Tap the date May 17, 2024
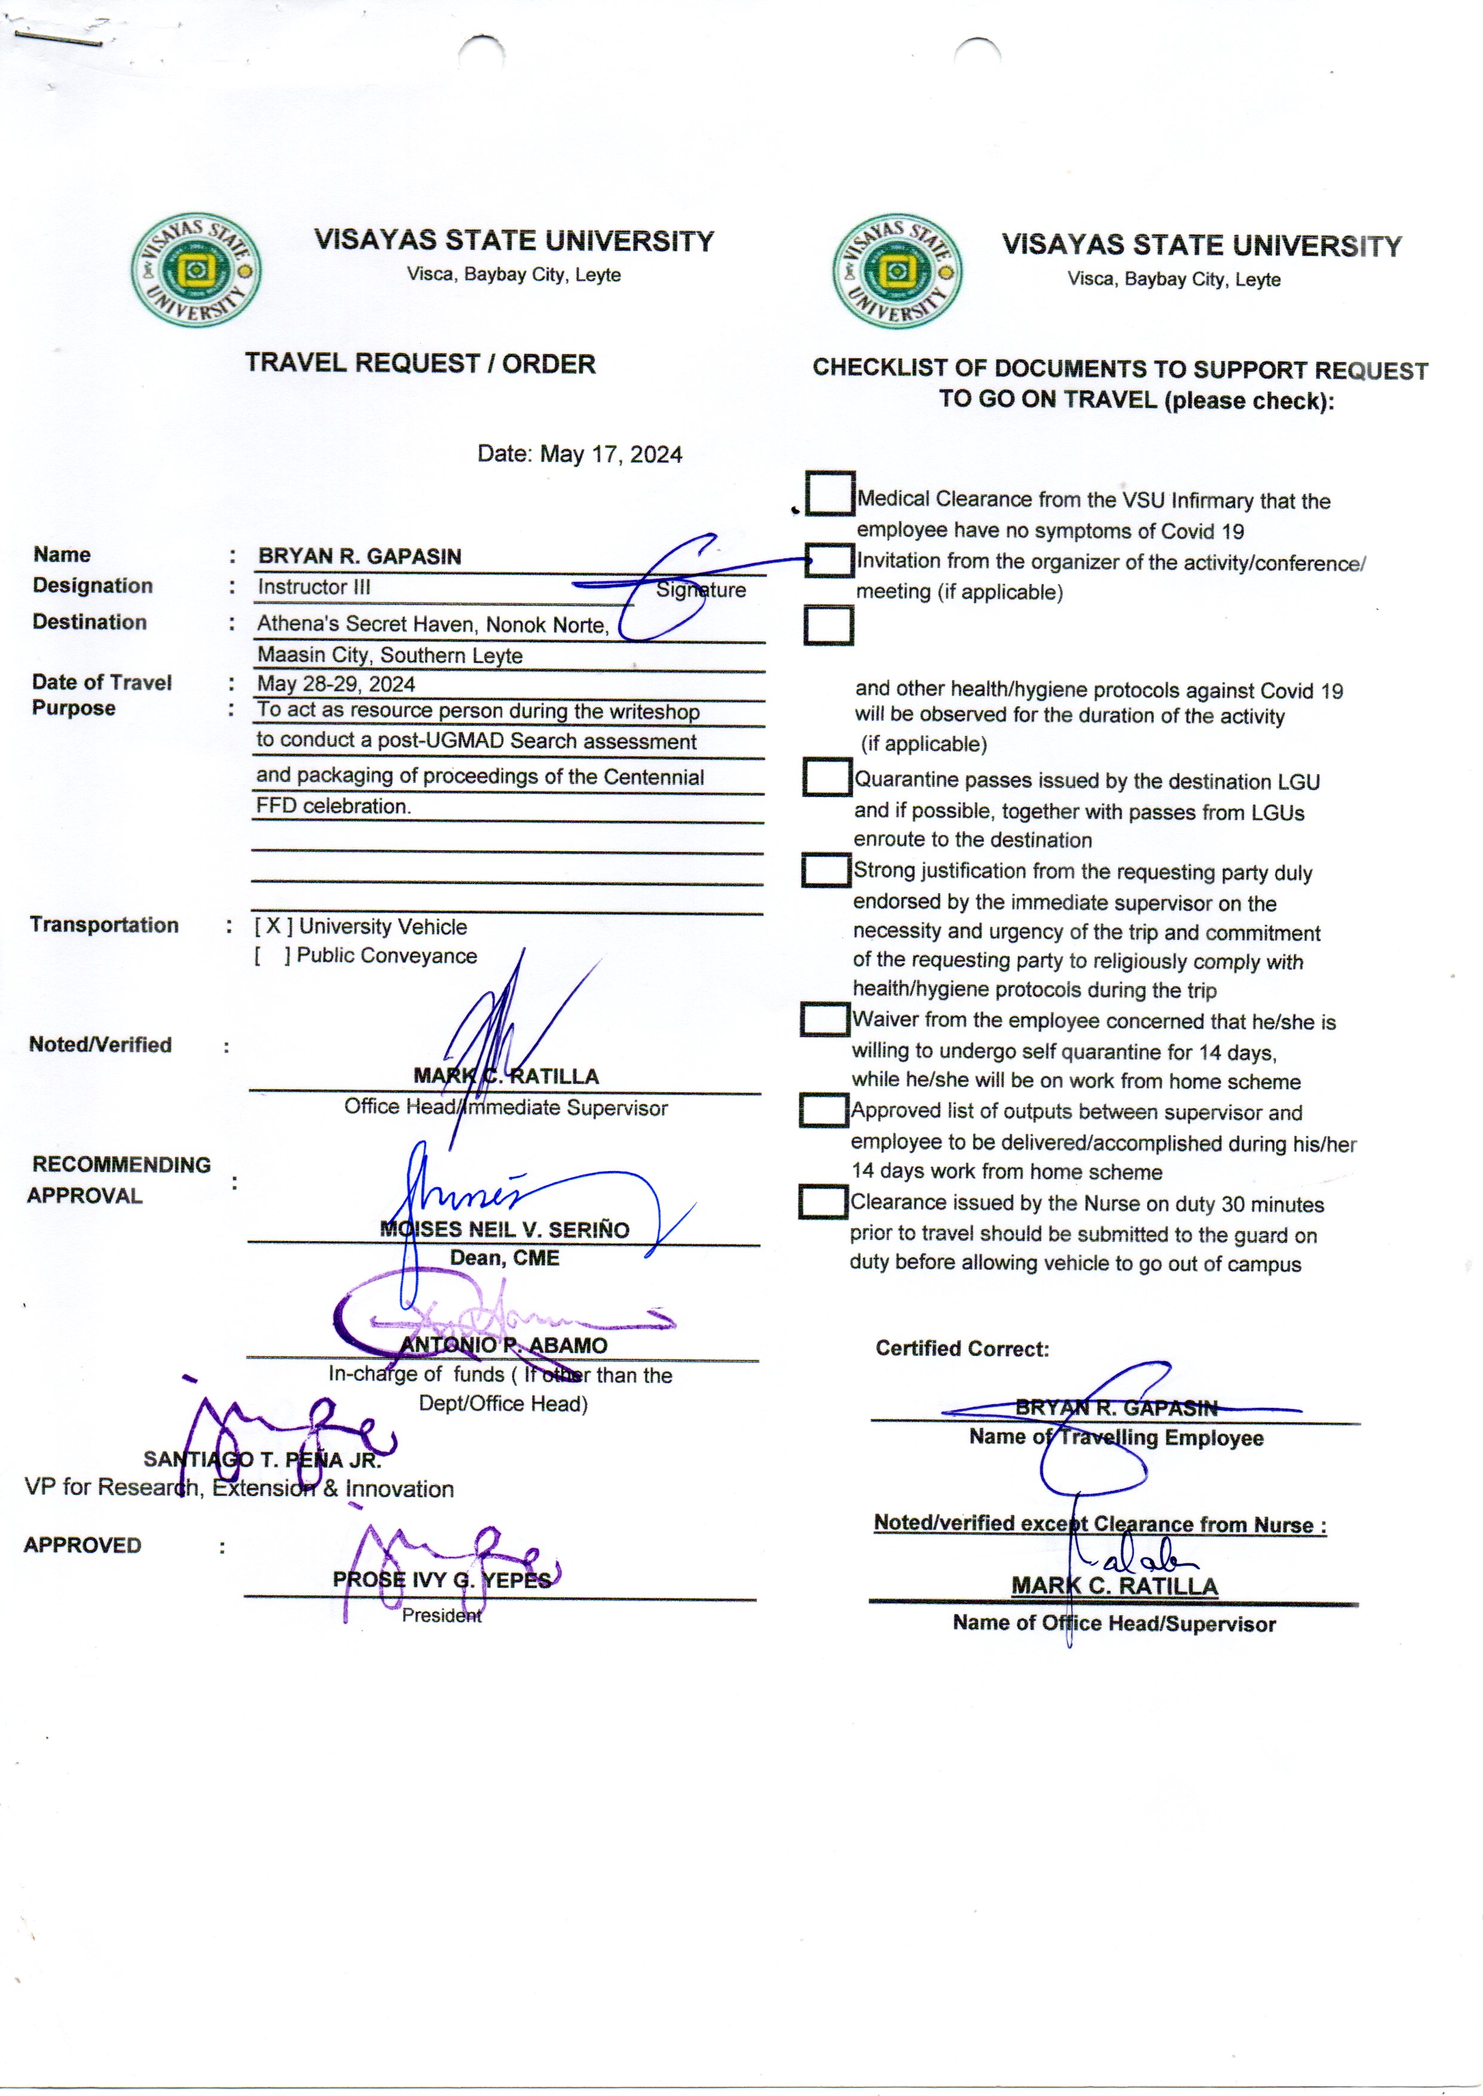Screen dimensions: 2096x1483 coord(610,455)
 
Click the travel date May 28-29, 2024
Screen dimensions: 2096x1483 coord(335,684)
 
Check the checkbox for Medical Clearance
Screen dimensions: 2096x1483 coord(830,493)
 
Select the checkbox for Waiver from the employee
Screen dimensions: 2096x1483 coord(825,1019)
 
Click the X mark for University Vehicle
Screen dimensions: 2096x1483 coord(273,926)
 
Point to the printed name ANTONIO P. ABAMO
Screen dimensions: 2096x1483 coord(503,1345)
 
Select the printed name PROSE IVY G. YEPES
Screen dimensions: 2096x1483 coord(441,1580)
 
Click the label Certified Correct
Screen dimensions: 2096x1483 coord(962,1349)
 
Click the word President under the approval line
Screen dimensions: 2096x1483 coord(441,1615)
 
